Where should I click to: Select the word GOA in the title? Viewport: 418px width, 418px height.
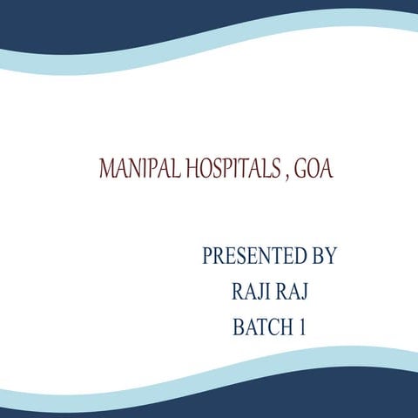[313, 168]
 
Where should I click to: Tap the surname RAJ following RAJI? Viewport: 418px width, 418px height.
[291, 293]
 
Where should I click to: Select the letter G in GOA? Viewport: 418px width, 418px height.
[300, 168]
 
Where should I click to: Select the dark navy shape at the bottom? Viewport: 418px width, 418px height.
[209, 402]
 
